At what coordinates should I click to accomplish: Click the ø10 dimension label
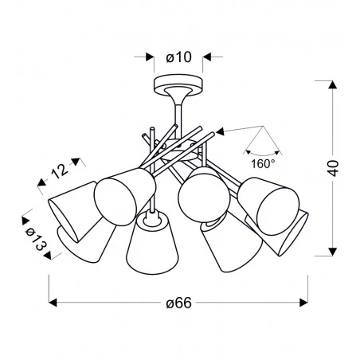[x=178, y=57]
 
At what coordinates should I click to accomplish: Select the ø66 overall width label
[x=178, y=303]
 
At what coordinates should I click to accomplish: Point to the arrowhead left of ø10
[x=148, y=57]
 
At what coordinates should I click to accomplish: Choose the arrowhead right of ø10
[x=207, y=57]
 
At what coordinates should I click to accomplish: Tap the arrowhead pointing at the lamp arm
[x=223, y=130]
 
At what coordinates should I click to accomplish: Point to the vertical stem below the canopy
[x=178, y=108]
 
